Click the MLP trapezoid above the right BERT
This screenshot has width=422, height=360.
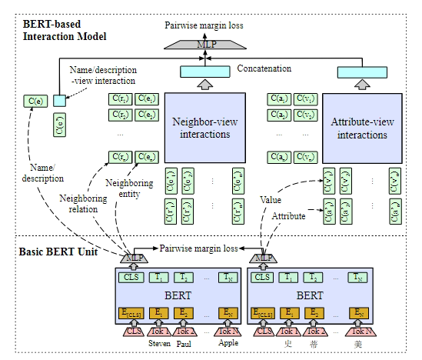coord(264,256)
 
